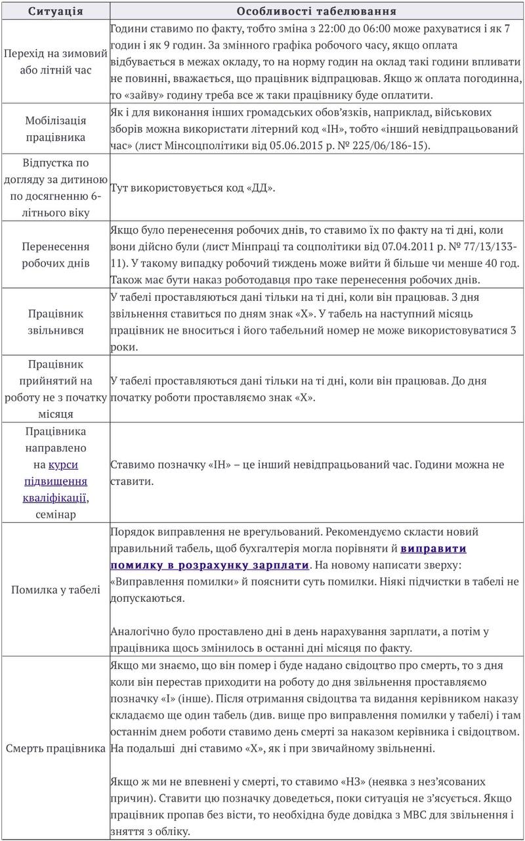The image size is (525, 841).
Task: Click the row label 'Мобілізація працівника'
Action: coord(55,129)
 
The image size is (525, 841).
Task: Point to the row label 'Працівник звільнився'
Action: coord(55,322)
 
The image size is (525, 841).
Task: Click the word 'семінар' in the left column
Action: coord(55,514)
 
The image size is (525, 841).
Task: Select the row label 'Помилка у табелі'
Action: coord(55,589)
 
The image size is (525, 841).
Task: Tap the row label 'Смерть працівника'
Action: coord(55,748)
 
